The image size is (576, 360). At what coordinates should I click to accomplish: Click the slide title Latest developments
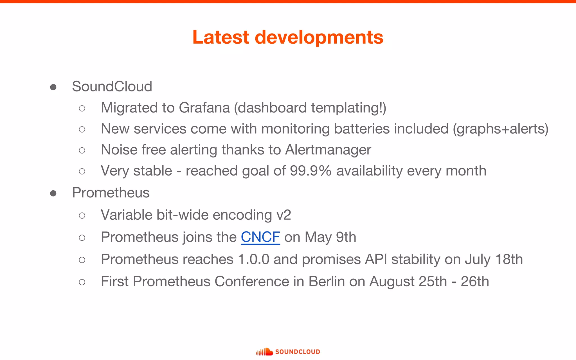pos(288,37)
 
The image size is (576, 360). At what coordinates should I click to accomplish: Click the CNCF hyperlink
pos(260,237)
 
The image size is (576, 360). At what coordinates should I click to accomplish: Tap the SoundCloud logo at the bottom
pos(288,352)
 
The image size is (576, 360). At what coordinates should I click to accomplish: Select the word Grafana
pos(204,108)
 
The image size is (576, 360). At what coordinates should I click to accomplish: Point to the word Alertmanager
pos(328,150)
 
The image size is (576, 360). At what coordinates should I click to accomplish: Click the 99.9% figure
pos(310,171)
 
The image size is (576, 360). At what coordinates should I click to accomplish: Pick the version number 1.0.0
pos(253,259)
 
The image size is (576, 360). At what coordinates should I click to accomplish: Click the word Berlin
pos(327,281)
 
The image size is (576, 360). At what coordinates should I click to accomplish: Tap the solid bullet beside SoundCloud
pos(53,87)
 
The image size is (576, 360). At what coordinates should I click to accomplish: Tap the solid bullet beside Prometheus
pos(53,193)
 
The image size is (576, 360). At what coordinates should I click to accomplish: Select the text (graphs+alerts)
pos(500,129)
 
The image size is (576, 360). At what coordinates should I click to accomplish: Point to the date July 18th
pos(494,259)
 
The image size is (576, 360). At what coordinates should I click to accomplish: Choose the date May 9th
pos(330,237)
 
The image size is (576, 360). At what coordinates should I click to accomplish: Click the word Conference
pos(252,281)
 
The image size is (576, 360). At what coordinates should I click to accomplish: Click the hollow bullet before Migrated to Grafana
pos(82,108)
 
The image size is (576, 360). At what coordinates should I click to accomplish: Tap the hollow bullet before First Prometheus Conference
pos(82,282)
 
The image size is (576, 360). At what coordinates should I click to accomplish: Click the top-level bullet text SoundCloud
pos(112,86)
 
